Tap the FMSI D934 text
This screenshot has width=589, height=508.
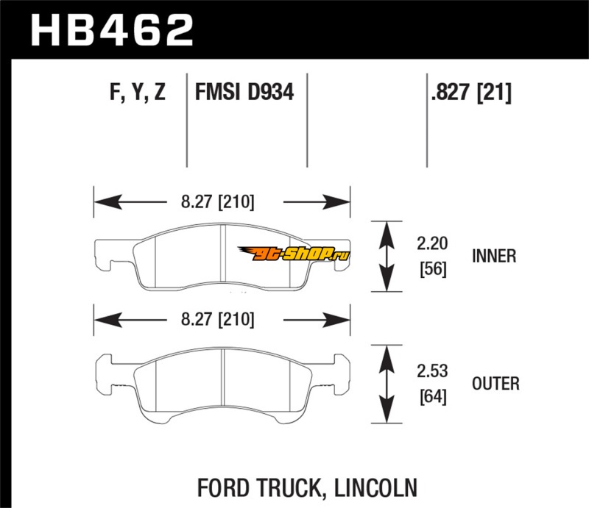244,93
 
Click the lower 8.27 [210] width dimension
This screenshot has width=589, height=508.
220,320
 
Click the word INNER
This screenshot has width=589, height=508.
495,256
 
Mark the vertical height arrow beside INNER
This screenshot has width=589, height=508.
384,256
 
